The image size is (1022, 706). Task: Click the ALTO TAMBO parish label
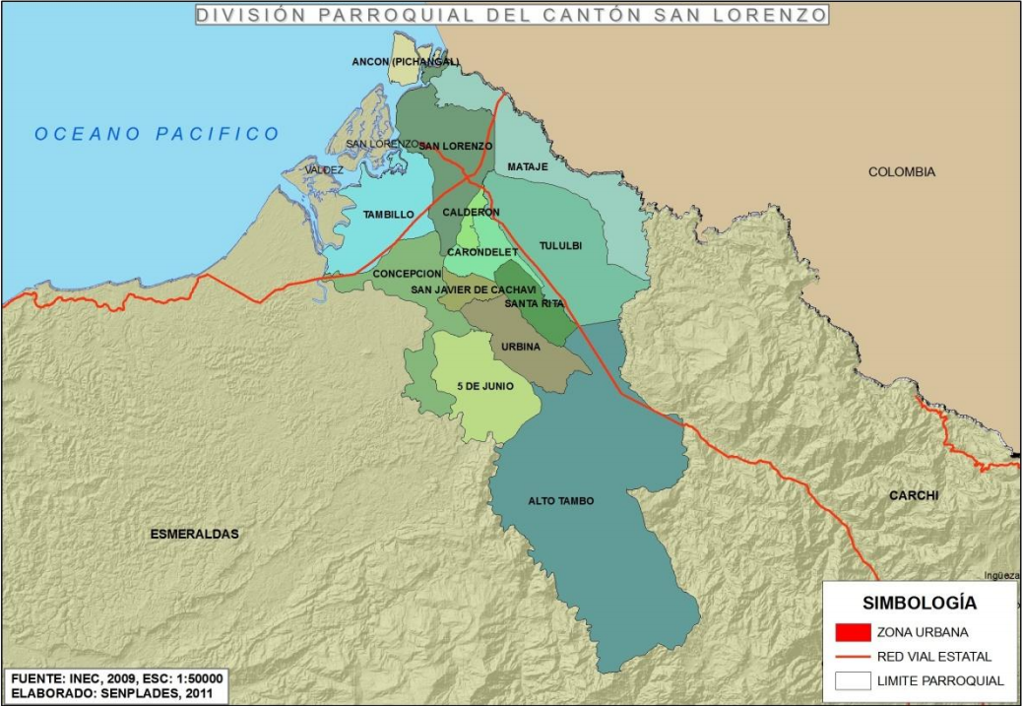tap(560, 501)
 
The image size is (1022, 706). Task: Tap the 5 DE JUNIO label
tap(484, 386)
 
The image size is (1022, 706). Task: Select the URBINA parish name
tap(520, 347)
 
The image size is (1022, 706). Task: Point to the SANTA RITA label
tap(534, 303)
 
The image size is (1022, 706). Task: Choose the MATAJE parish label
tap(527, 167)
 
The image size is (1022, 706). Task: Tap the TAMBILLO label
tap(388, 215)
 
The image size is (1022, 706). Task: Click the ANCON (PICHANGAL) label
tap(405, 62)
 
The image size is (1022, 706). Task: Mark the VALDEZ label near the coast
tap(324, 170)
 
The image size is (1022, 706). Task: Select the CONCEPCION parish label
tap(406, 274)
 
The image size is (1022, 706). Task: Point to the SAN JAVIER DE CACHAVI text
tap(473, 289)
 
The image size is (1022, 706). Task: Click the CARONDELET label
tap(478, 252)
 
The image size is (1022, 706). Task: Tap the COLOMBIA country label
tap(901, 172)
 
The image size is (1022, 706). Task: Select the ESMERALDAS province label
tap(194, 534)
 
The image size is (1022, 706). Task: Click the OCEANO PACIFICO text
tap(158, 134)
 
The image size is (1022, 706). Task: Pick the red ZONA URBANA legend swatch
tap(852, 632)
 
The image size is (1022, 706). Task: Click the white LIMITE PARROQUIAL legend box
tap(852, 680)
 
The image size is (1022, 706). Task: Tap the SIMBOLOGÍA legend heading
tap(920, 603)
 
